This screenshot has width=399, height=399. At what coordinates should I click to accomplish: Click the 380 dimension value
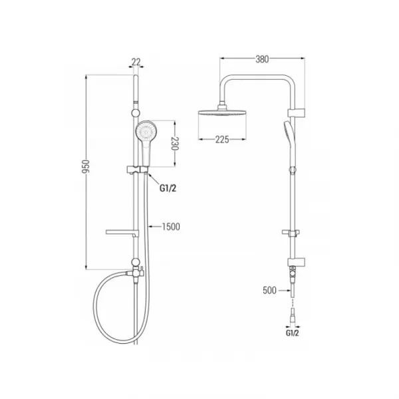coord(262,59)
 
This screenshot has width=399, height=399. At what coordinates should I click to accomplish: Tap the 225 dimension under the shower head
coord(222,140)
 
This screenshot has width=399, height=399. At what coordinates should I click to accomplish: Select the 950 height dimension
coord(86,167)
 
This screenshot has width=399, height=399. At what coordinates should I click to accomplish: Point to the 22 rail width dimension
coord(136,62)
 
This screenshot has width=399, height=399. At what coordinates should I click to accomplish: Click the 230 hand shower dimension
coord(175,144)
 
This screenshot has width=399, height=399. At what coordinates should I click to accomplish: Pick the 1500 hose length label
coord(171,227)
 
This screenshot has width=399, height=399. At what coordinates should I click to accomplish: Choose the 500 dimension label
coord(269,291)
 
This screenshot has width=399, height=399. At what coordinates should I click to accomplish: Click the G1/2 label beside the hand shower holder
coord(168,188)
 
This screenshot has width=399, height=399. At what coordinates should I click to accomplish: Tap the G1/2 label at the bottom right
coord(293,333)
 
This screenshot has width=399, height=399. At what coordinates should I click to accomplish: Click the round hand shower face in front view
coord(146,131)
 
